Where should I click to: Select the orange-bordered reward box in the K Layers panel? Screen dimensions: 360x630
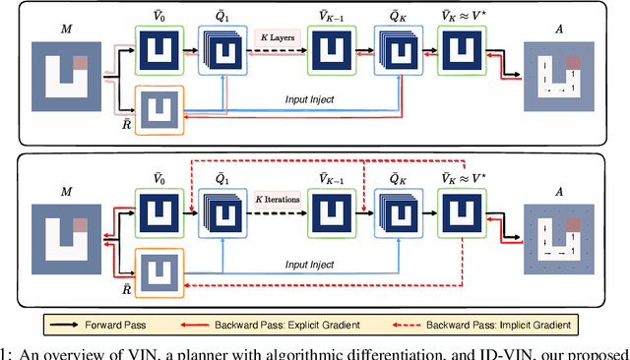tap(157, 108)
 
